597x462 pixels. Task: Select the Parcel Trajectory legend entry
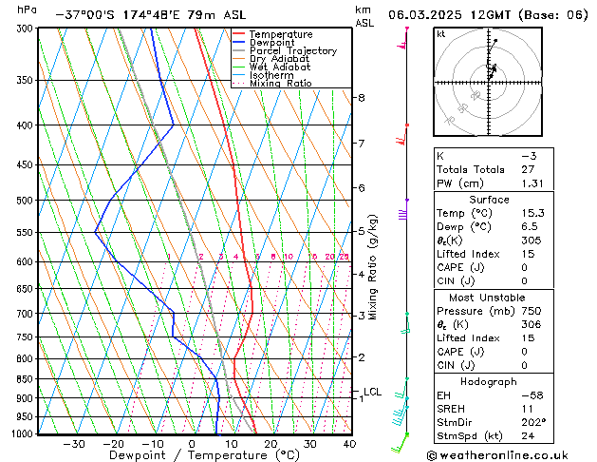(293, 51)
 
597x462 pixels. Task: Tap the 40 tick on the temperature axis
(349, 444)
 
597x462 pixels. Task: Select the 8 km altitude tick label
(362, 98)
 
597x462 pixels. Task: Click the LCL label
(372, 392)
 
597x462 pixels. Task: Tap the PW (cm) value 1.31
(532, 183)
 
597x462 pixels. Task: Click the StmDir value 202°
(532, 423)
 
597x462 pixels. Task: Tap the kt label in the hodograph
(441, 34)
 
